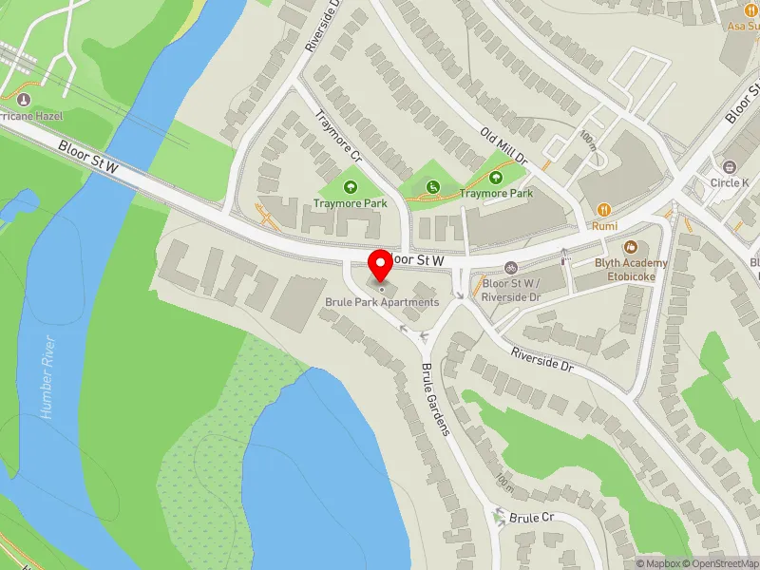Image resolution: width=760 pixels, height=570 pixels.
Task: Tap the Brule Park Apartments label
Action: click(x=383, y=302)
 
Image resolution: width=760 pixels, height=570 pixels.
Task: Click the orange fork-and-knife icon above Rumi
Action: click(x=602, y=209)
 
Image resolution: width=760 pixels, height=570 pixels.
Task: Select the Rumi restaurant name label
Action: click(x=604, y=226)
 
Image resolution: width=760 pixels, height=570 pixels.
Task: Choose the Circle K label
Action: click(x=730, y=182)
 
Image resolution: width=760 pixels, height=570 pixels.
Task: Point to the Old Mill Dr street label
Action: click(x=503, y=148)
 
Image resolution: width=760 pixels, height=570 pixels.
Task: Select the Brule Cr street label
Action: click(x=530, y=518)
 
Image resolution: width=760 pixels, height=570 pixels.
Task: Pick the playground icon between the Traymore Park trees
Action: click(x=433, y=186)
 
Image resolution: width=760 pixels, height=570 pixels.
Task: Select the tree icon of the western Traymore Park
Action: click(x=351, y=186)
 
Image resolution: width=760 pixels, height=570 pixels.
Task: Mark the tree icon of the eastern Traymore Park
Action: click(x=496, y=176)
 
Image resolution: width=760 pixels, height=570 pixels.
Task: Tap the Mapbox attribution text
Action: click(x=655, y=562)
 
